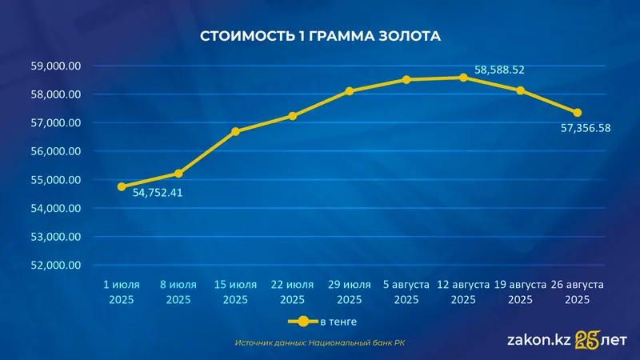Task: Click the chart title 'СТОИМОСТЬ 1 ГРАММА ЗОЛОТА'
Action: pyautogui.click(x=320, y=36)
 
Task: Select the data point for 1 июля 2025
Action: pyautogui.click(x=122, y=186)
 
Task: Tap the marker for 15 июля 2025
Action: pyautogui.click(x=235, y=131)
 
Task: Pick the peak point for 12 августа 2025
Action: pyautogui.click(x=463, y=78)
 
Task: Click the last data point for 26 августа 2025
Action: pyautogui.click(x=577, y=113)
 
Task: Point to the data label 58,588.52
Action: pyautogui.click(x=499, y=70)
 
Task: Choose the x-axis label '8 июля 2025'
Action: pyautogui.click(x=178, y=292)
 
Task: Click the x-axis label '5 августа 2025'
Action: pyautogui.click(x=406, y=292)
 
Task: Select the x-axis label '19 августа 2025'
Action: pyautogui.click(x=520, y=292)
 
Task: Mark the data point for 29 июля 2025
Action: pyautogui.click(x=349, y=91)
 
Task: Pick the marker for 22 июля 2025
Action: pyautogui.click(x=292, y=116)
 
